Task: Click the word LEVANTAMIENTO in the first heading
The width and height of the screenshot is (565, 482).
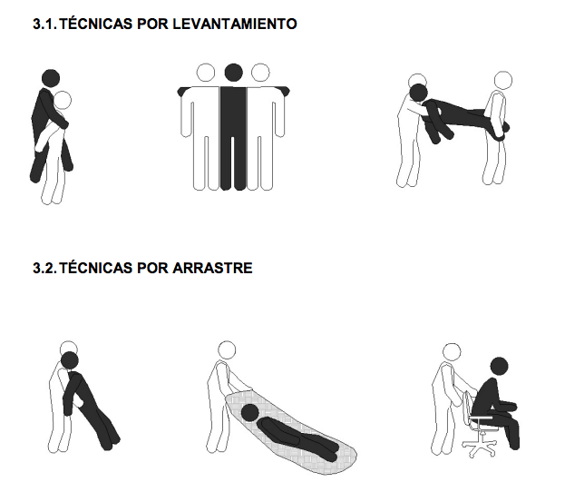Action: [235, 24]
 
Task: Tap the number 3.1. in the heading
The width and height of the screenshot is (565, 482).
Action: [44, 24]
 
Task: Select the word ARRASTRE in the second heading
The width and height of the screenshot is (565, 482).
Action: [212, 268]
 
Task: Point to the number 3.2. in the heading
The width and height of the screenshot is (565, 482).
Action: [44, 268]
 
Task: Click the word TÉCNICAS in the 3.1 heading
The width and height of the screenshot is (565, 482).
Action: [96, 24]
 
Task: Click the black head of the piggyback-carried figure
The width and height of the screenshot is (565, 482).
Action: [51, 79]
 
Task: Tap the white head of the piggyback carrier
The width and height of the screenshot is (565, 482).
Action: [63, 100]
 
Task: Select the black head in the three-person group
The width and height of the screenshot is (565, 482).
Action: [233, 73]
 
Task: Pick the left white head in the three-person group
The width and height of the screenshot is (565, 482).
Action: [206, 73]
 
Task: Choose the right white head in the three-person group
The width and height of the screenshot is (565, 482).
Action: [260, 73]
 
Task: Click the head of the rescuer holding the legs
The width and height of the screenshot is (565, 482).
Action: [503, 80]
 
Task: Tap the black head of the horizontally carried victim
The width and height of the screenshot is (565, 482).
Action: [419, 93]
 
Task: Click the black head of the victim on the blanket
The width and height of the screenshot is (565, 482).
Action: [249, 413]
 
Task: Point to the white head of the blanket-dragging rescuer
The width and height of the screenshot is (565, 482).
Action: [227, 350]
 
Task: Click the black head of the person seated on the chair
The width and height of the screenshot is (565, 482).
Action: [500, 367]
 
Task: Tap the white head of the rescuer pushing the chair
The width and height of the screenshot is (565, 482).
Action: [452, 352]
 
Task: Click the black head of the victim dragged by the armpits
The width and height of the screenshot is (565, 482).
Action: [70, 360]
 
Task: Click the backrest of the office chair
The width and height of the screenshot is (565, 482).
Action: [468, 406]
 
